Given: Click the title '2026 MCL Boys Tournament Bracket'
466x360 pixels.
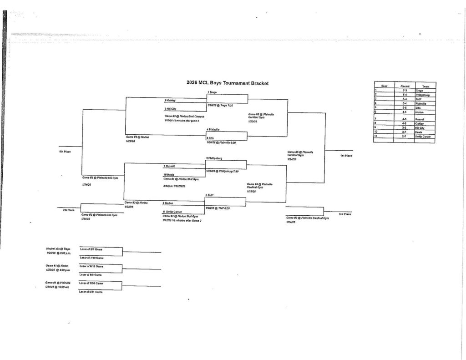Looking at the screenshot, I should click(x=228, y=83).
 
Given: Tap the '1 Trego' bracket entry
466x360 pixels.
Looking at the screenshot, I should click(x=212, y=92).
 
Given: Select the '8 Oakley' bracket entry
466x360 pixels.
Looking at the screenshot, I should click(x=171, y=100).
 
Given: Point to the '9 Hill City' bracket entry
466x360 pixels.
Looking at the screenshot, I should click(x=171, y=109).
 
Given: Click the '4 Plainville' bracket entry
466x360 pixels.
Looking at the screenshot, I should click(x=213, y=130).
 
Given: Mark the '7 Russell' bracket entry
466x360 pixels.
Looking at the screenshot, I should click(x=170, y=166).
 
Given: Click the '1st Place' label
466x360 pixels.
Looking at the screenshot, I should click(x=346, y=156).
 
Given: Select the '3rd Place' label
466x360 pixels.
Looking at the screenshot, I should click(x=344, y=214).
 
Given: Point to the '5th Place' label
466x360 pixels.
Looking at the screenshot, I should click(x=64, y=152).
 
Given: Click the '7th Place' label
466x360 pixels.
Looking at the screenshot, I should click(x=68, y=210).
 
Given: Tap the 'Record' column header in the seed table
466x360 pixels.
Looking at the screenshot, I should click(x=405, y=86).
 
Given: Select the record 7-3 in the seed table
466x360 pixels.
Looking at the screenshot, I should click(x=405, y=91).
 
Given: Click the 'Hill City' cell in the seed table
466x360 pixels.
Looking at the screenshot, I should click(x=423, y=128).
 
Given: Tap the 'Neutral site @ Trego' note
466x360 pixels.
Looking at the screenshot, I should click(x=58, y=249).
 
